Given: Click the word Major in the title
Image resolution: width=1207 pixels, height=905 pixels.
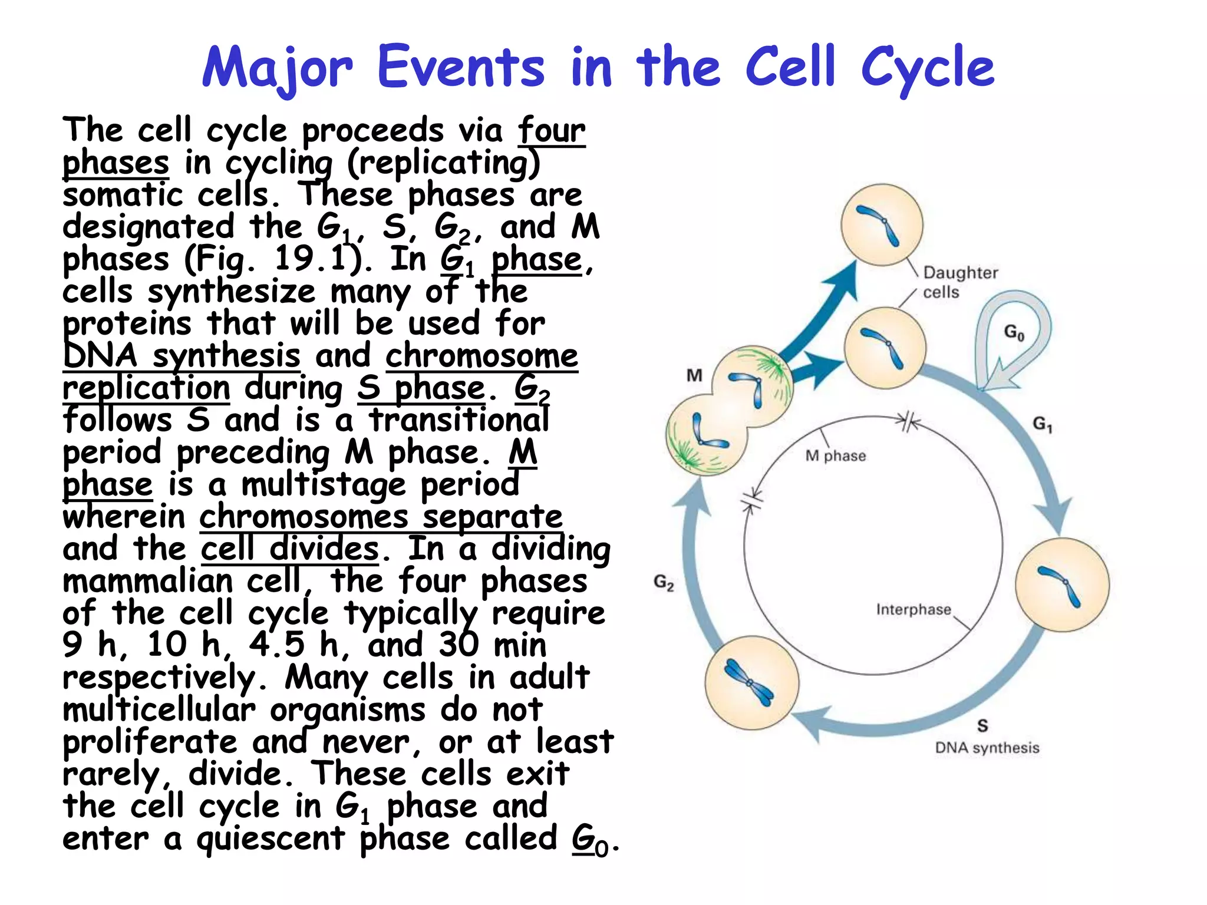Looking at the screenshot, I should [277, 68].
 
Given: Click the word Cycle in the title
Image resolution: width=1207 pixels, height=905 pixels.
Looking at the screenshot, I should [928, 68].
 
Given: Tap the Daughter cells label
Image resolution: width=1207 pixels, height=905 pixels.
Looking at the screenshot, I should [959, 282].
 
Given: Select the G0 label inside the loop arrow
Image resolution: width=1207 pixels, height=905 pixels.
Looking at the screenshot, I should [1014, 333].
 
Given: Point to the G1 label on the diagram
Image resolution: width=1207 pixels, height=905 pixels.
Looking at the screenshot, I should [1042, 424].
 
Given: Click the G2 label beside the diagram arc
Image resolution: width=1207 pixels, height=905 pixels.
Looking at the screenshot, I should [664, 583].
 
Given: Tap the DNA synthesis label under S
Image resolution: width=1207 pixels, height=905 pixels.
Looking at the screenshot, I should [987, 748].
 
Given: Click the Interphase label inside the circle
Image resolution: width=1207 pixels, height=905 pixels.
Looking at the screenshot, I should [913, 609].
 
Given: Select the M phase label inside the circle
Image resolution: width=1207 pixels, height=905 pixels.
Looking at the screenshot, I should [835, 456].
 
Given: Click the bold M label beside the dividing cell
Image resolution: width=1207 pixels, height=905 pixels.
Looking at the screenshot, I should [694, 375].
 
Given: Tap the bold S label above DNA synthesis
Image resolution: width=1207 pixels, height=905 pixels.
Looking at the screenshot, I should [982, 726].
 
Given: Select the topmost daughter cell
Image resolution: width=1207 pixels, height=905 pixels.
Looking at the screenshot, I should [881, 226].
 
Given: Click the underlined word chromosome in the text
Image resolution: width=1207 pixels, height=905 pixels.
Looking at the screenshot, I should [482, 356].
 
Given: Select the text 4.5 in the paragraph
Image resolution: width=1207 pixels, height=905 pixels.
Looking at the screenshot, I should [277, 645].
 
